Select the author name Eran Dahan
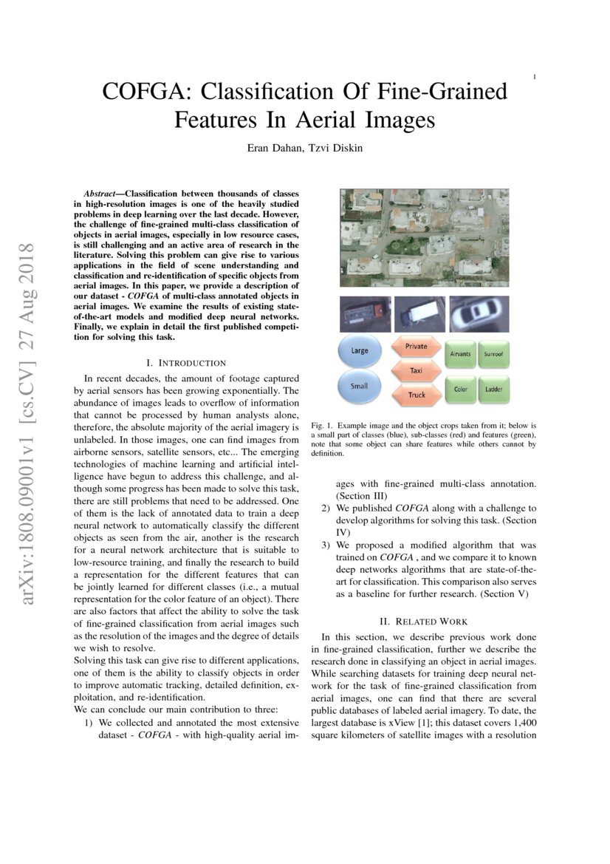click(x=275, y=148)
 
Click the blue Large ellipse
click(x=360, y=350)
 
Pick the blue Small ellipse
click(x=360, y=386)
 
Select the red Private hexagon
click(x=416, y=346)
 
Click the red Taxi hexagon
click(x=416, y=370)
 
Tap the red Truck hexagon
click(x=417, y=395)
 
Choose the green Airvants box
click(x=460, y=355)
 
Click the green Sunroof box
click(x=493, y=355)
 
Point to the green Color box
click(x=460, y=389)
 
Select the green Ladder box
click(x=493, y=389)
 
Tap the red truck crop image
click(x=365, y=314)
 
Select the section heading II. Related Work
click(x=423, y=622)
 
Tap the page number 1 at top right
click(x=534, y=76)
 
